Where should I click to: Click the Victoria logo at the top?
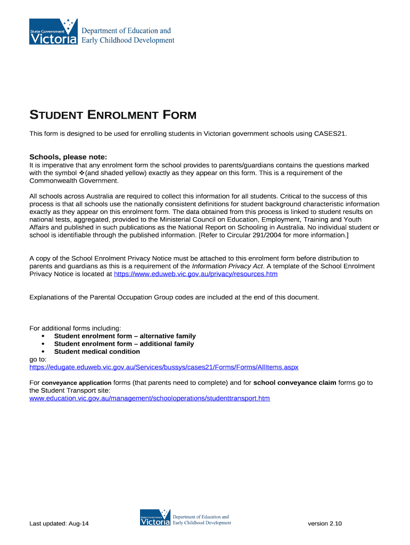54,32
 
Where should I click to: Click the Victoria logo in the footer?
155,519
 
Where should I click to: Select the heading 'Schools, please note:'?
68,157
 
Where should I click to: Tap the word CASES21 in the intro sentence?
330,134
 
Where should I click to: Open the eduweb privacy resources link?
196,274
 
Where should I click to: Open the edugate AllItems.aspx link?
164,367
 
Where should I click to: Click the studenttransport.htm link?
150,398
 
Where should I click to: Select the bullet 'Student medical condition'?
97,352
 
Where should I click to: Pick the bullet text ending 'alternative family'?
125,336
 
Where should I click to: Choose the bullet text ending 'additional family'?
124,344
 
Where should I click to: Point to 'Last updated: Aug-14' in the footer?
59,524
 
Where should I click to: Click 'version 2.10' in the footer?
325,524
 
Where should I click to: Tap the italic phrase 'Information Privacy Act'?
227,266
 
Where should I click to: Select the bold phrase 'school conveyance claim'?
294,383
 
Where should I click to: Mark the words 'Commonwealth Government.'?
74,180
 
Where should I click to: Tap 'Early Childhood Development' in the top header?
127,40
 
